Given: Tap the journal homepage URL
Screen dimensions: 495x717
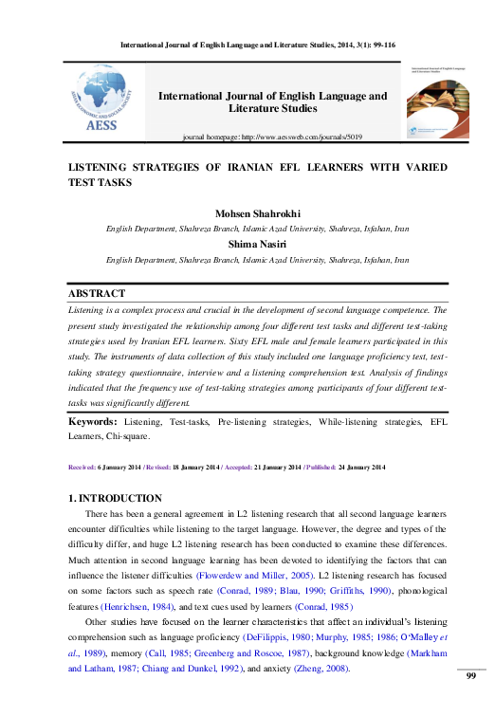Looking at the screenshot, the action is [x=302, y=138].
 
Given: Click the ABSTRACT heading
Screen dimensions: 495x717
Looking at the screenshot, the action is [x=97, y=294].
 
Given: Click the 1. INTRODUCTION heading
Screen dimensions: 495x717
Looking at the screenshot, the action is [x=116, y=498].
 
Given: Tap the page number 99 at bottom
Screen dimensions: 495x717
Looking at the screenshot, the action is [x=470, y=701].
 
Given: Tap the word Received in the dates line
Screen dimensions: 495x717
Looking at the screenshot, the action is [x=86, y=468].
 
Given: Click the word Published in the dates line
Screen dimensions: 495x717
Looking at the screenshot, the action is [x=314, y=468].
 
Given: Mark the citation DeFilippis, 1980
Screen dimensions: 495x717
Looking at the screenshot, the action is [x=274, y=639].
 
